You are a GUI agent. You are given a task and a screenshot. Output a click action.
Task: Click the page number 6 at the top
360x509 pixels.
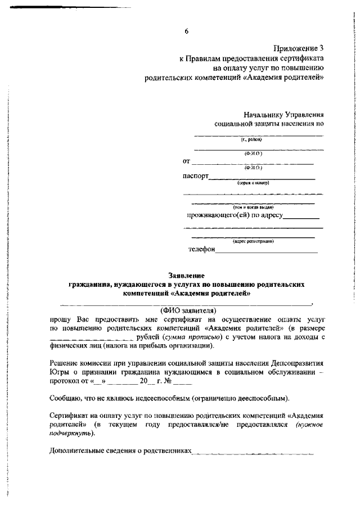pyautogui.click(x=186, y=31)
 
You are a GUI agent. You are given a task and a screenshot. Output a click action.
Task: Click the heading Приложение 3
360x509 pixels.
pyautogui.click(x=298, y=49)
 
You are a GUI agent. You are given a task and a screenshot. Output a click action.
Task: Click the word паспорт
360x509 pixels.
pyautogui.click(x=195, y=175)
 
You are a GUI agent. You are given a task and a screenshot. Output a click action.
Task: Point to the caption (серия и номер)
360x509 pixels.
pyautogui.click(x=253, y=183)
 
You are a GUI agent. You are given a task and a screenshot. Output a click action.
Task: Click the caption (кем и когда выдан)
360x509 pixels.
pyautogui.click(x=253, y=208)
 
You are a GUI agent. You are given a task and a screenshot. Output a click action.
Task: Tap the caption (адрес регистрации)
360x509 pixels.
pyautogui.click(x=253, y=241)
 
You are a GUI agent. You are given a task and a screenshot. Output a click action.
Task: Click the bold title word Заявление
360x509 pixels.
pyautogui.click(x=186, y=275)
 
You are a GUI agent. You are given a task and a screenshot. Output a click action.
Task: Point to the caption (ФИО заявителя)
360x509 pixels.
pyautogui.click(x=188, y=310)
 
